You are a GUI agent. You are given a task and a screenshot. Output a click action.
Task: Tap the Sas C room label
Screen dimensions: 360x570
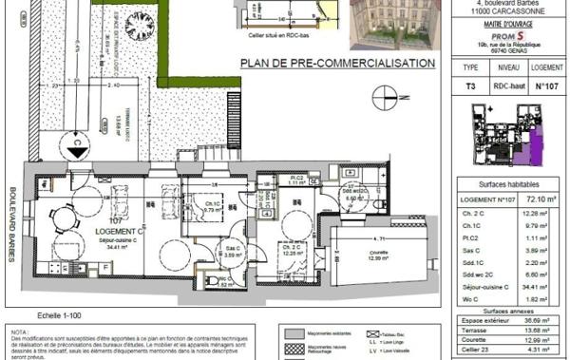coord(231,248)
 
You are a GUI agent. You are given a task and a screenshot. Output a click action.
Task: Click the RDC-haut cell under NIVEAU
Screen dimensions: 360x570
coord(509,85)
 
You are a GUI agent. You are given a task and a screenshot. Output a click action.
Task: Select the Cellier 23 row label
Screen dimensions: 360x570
coord(480,352)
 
